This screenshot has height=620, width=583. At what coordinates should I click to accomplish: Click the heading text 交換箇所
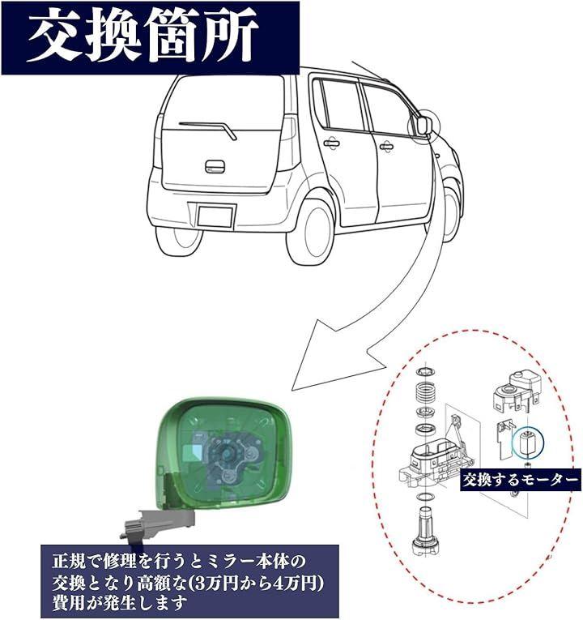pyautogui.click(x=143, y=37)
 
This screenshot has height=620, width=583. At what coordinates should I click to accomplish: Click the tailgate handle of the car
pyautogui.click(x=215, y=166)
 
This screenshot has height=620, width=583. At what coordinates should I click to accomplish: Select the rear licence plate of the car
pyautogui.click(x=215, y=216)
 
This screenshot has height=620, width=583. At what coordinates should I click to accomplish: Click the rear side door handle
pyautogui.click(x=331, y=143)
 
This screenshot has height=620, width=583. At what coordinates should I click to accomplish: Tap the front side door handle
pyautogui.click(x=386, y=147)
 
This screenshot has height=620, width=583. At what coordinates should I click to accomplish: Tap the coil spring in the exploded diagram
pyautogui.click(x=426, y=392)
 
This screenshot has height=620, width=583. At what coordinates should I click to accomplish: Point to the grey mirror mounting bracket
pyautogui.click(x=159, y=522)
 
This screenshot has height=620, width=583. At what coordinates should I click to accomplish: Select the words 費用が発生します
pyautogui.click(x=119, y=603)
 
